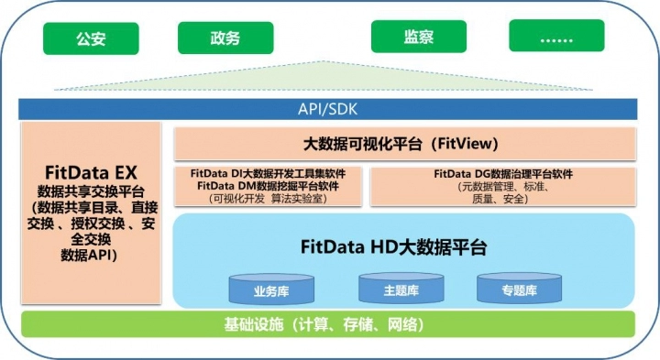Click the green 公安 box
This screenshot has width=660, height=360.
coord(91,38)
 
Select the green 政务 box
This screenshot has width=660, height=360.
coord(225,38)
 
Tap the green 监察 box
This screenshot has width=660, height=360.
coord(419,37)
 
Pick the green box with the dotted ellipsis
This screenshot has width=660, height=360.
coord(556,36)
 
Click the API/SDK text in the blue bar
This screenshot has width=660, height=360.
coord(327,109)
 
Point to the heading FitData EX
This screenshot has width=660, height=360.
coord(91,172)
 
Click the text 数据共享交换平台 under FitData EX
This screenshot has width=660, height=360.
coord(91,191)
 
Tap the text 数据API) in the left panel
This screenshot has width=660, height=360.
coord(89,255)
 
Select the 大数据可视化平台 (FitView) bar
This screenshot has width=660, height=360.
coord(405,144)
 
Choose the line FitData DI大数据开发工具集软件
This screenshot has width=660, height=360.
coord(268,173)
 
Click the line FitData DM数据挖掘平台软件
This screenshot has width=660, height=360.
coord(268,185)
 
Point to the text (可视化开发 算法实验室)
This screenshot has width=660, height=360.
coord(268,198)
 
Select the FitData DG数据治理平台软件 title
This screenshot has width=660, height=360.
coord(503,174)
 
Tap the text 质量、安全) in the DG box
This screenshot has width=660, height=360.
coord(500,199)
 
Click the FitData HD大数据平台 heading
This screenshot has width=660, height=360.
coord(393,246)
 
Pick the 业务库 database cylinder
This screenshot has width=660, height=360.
coord(271,289)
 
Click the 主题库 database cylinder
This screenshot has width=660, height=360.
coord(401,288)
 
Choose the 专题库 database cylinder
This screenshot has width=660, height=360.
coord(519,288)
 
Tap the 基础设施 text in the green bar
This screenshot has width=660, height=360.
coord(253,324)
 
